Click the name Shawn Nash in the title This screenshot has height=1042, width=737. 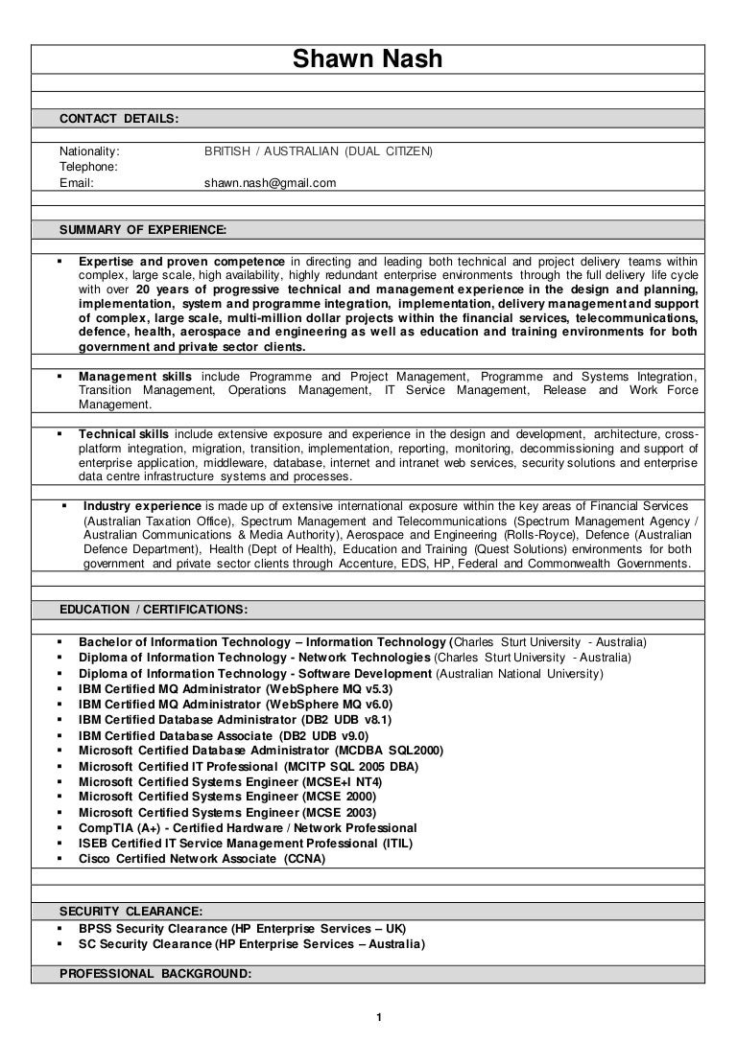point(368,60)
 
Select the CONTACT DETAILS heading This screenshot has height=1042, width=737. point(119,118)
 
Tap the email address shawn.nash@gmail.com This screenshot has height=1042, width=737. point(271,182)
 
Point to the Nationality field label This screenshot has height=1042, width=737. point(89,151)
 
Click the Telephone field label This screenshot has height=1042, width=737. point(88,167)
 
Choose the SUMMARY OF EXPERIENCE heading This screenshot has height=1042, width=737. point(143,230)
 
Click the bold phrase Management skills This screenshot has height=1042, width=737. point(135,377)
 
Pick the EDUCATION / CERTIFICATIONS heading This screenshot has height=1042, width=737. point(154,609)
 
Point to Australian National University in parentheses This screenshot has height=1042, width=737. point(519,674)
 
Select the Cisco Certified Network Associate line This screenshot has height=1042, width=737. point(202,859)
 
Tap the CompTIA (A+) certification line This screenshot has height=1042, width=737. point(248,827)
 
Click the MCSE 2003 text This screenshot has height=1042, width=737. point(341,812)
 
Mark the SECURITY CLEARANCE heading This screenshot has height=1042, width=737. point(131,911)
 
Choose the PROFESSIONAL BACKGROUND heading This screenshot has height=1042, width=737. point(155,974)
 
